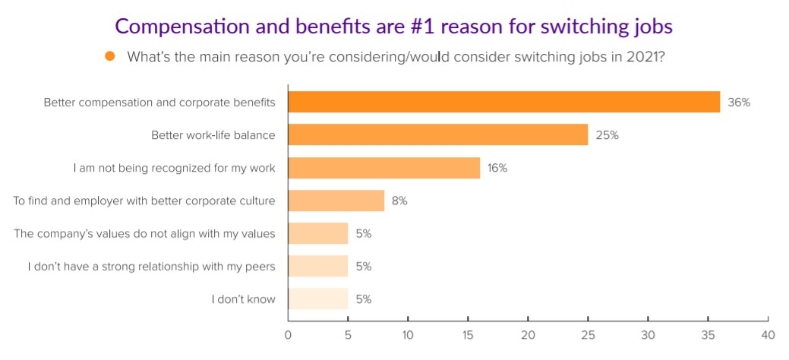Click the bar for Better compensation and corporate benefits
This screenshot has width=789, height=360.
point(503,102)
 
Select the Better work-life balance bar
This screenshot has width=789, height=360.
point(437,135)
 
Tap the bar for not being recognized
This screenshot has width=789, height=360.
point(383,168)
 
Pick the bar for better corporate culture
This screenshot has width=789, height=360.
point(336,201)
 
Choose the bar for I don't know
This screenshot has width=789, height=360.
point(317,298)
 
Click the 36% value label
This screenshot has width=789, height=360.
point(738,103)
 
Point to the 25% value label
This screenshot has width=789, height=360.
point(607,135)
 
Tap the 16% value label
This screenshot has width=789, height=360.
point(497,168)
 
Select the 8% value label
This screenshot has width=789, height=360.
point(400,201)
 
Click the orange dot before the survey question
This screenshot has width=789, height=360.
point(110,56)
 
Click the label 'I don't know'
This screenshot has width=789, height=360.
point(243,299)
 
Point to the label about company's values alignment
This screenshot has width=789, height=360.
point(144,234)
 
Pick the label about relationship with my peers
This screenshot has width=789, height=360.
point(151,267)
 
